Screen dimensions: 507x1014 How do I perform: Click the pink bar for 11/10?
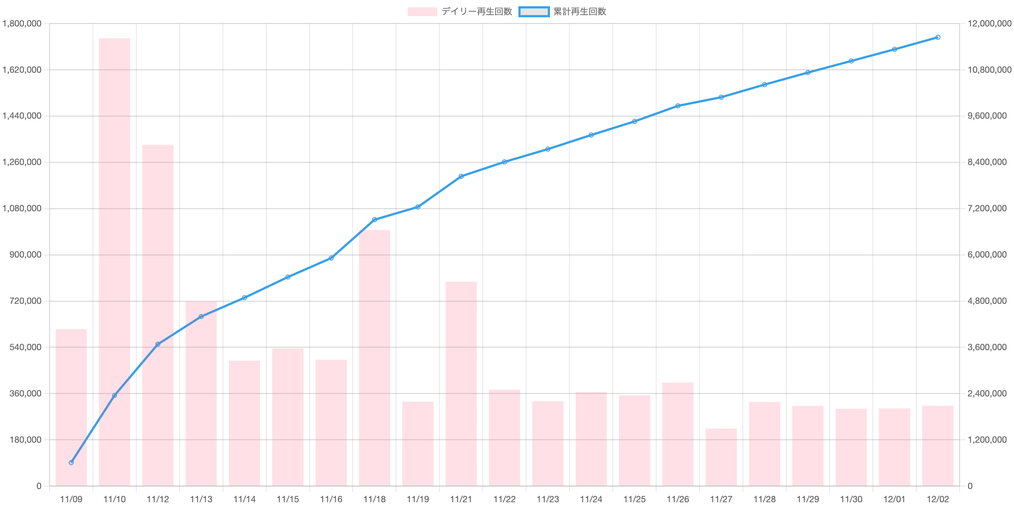[x=115, y=262]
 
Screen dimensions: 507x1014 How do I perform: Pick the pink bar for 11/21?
[x=461, y=384]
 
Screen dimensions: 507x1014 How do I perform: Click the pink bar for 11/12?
[x=158, y=315]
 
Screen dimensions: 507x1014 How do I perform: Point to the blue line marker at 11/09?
[x=71, y=463]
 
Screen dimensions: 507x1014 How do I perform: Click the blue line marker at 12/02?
[x=938, y=37]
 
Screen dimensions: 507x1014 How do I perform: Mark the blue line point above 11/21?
[x=461, y=176]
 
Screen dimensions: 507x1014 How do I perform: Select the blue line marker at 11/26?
[x=678, y=106]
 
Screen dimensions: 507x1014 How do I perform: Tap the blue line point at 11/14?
[x=244, y=298]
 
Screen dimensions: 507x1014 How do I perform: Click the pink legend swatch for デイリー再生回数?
[x=422, y=12]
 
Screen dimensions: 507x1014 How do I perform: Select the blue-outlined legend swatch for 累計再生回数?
[x=534, y=12]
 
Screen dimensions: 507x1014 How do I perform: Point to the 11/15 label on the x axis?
[x=288, y=500]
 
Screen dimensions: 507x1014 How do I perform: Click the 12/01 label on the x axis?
[x=894, y=500]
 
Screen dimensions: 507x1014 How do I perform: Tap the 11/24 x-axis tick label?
[x=591, y=500]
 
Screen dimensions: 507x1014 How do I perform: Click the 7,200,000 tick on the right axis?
[x=987, y=209]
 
